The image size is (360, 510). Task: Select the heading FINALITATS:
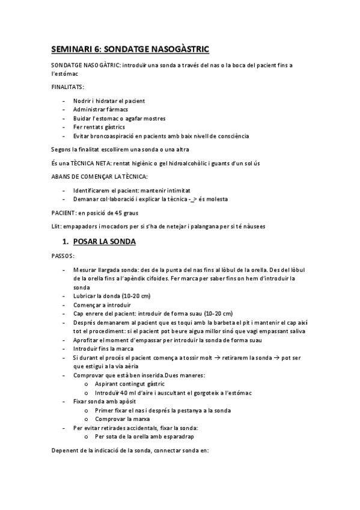(68, 87)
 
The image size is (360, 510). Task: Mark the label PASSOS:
(62, 256)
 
